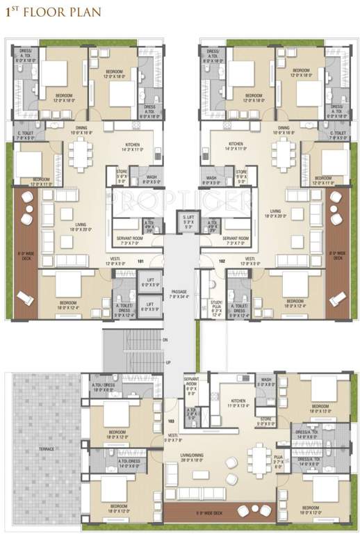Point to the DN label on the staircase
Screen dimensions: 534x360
click(x=165, y=340)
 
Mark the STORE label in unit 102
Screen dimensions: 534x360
click(x=241, y=173)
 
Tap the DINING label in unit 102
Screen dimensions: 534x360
click(x=284, y=129)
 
